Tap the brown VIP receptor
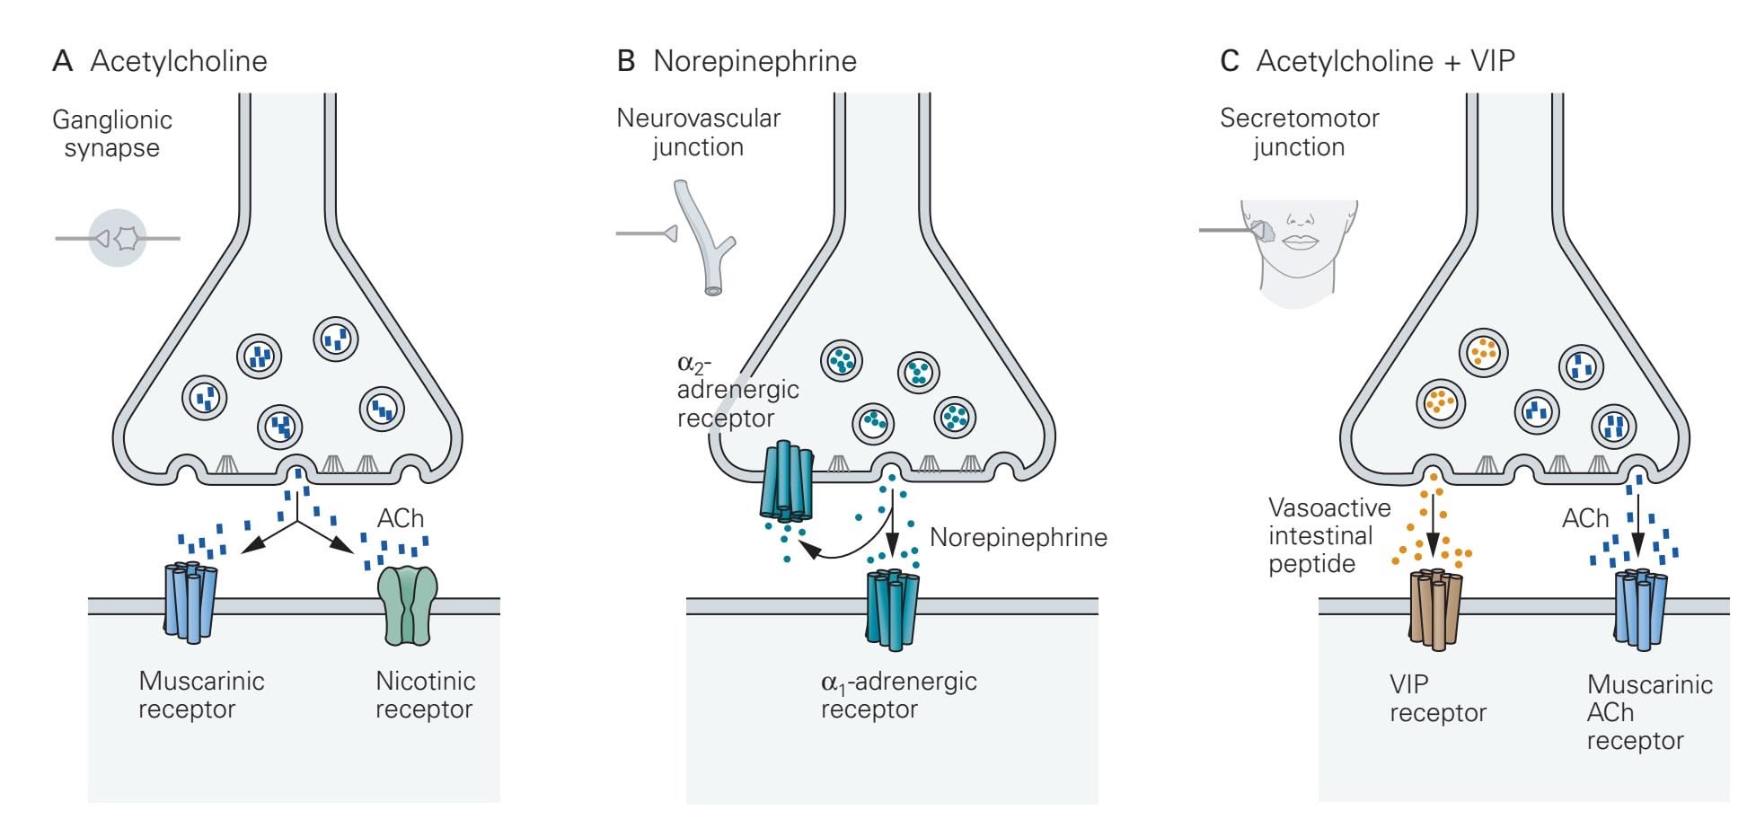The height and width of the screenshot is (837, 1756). point(1435,608)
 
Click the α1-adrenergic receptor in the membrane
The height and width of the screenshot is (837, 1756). point(892,609)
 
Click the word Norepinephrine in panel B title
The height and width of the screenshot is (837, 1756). point(754,61)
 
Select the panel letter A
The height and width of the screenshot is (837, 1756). point(62,61)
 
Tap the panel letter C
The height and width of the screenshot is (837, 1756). point(1229,61)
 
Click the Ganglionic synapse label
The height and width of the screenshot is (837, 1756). point(112,133)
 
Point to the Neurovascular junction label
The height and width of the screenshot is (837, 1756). point(698,132)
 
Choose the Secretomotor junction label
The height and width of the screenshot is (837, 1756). point(1299,132)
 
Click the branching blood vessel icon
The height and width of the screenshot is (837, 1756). point(708,237)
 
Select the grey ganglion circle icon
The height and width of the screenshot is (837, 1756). point(118,238)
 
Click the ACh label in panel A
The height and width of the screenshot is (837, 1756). point(401,518)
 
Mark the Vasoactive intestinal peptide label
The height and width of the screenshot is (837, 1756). point(1328,535)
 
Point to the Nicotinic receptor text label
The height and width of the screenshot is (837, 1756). point(425,694)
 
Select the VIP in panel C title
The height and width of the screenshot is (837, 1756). point(1493,61)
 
